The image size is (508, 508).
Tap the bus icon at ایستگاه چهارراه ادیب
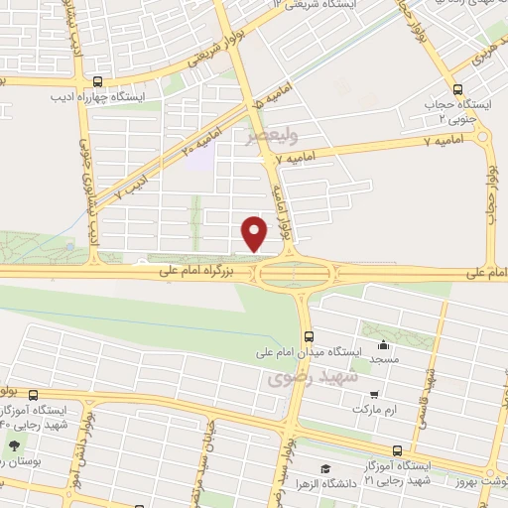96,82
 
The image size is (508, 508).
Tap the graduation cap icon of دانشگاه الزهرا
324,468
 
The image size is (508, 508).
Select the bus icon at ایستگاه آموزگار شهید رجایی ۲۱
397,447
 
